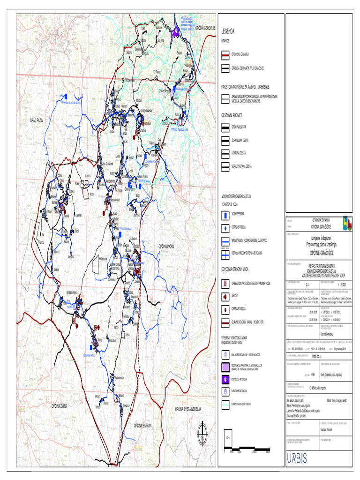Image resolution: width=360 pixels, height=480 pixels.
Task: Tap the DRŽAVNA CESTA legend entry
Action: [x=225, y=127]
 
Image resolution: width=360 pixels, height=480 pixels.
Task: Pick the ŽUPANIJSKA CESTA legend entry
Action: [x=225, y=140]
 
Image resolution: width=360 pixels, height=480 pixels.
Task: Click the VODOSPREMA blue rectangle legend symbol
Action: [x=225, y=216]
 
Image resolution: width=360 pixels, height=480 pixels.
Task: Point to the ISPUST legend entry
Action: [x=225, y=296]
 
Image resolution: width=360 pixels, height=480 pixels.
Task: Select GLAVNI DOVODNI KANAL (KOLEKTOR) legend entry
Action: [x=225, y=322]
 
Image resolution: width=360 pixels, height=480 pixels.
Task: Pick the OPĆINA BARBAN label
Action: [x=144, y=425]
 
